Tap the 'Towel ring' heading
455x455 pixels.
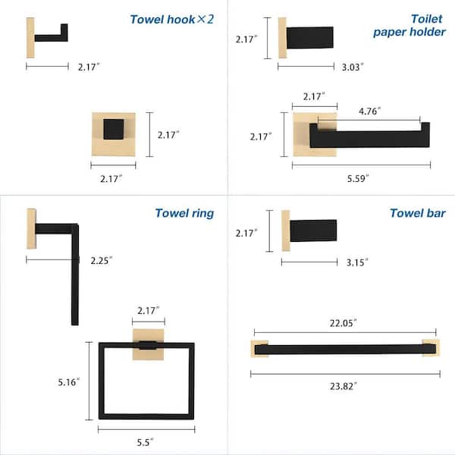(184, 213)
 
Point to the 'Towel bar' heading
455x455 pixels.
(417, 213)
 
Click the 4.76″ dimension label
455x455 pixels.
(369, 111)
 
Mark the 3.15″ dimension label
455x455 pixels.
(356, 262)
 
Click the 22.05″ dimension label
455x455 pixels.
(345, 322)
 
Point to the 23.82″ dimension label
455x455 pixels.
(345, 385)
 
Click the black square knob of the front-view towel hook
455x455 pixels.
(114, 129)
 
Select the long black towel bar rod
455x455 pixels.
(345, 349)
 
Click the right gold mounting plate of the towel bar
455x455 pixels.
(431, 348)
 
